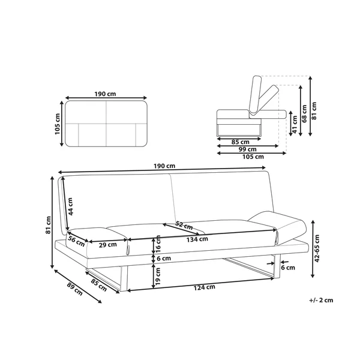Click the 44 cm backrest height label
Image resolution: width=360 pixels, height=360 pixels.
(x=71, y=206)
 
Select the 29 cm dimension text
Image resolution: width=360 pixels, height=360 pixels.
(x=107, y=245)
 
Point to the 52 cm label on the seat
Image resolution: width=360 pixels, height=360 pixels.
(x=184, y=225)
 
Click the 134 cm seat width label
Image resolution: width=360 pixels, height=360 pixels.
(x=197, y=239)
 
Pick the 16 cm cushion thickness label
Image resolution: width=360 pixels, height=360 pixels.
(x=158, y=244)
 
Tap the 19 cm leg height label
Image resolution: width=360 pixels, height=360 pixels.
(x=158, y=277)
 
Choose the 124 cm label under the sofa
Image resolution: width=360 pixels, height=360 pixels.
(x=205, y=287)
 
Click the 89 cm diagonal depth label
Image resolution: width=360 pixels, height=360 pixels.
(x=74, y=289)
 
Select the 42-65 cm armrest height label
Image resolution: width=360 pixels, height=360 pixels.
(x=317, y=248)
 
